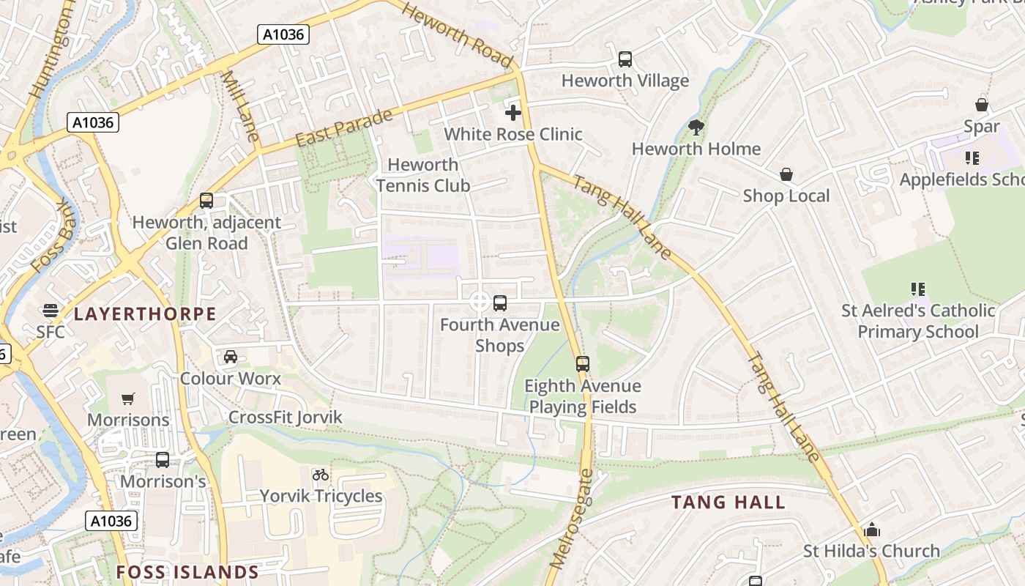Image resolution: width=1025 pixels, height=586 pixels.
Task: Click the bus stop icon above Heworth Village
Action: (625, 59)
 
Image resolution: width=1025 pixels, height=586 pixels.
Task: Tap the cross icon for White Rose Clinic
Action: (513, 113)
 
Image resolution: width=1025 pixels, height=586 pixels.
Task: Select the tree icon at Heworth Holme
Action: (696, 127)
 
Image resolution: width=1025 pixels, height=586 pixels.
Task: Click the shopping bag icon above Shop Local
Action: (786, 174)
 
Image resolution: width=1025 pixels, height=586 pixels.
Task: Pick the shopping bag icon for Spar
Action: (981, 105)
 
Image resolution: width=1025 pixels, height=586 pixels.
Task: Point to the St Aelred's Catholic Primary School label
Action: (918, 321)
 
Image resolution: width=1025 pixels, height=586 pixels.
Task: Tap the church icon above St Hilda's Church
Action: (871, 530)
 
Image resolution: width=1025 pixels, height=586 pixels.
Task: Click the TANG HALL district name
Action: (728, 502)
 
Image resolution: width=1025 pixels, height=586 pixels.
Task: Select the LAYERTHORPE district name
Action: (145, 314)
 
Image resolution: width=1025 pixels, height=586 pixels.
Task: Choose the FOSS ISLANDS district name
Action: (187, 572)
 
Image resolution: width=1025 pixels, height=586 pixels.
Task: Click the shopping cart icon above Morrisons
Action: (128, 398)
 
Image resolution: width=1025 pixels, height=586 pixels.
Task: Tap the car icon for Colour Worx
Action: (230, 357)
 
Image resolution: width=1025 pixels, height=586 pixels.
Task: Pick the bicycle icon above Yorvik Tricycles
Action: (320, 475)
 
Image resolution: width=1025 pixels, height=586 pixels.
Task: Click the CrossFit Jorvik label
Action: (286, 418)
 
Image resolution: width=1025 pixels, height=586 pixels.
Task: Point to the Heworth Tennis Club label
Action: (423, 175)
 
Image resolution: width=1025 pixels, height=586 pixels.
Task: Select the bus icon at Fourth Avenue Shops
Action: (500, 303)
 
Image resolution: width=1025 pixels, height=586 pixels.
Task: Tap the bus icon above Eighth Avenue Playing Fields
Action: (582, 363)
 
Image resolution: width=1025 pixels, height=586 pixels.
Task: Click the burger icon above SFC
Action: (50, 311)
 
